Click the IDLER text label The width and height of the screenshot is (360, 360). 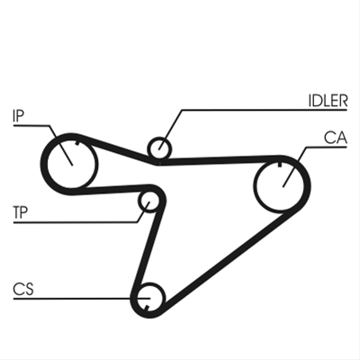tap(328, 101)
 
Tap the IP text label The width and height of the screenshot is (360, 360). tap(18, 115)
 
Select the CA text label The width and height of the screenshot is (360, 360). tap(336, 138)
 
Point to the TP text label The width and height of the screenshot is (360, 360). tap(21, 212)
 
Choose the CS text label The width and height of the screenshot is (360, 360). tap(23, 289)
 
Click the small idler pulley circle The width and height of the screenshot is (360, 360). tap(159, 148)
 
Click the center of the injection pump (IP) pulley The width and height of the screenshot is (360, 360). tap(72, 164)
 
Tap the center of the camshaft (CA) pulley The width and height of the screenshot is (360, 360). tap(282, 186)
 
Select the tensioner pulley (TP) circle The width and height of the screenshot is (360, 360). tap(149, 202)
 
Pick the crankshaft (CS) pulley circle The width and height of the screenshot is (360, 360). tap(149, 299)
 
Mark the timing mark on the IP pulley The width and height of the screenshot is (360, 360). tap(77, 143)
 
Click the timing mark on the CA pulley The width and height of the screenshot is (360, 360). tap(280, 164)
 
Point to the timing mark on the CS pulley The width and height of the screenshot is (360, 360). tap(147, 307)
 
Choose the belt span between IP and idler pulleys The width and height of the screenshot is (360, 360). tap(115, 148)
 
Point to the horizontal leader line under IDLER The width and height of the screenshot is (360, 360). tap(265, 110)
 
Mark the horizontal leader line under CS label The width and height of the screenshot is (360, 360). tap(82, 299)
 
